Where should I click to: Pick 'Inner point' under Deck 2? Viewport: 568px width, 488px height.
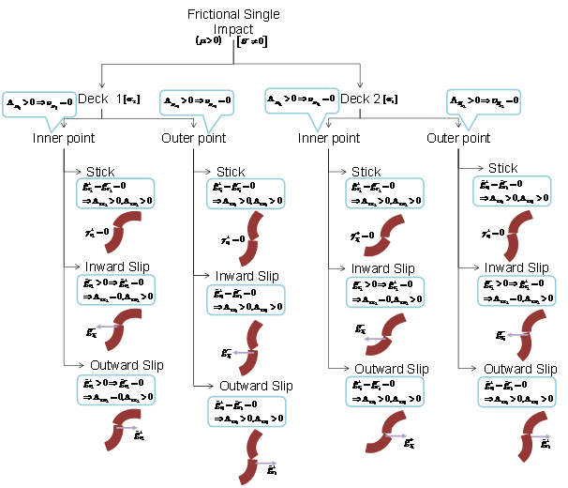point(328,139)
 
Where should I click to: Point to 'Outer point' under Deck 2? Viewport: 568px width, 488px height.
point(458,139)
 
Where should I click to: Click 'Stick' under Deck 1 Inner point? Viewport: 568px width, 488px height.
point(100,172)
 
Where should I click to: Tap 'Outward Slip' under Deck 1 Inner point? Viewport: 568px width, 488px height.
point(127,365)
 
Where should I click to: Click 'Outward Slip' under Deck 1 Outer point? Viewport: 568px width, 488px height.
point(256,386)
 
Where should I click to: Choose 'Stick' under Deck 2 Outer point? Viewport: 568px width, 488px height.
point(503,168)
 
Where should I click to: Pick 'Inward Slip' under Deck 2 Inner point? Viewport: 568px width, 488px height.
point(382,268)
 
